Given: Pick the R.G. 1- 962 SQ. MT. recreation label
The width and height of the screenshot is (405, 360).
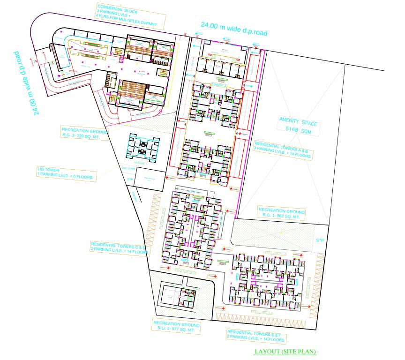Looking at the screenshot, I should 282,214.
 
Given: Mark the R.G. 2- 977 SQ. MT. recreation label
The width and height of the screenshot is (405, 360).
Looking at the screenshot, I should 177,327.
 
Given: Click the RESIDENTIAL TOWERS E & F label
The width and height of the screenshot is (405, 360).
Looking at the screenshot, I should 256,336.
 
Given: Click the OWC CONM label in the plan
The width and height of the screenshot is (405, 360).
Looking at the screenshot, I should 127,168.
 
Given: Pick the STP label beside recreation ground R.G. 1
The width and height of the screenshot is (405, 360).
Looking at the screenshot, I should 320,241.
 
